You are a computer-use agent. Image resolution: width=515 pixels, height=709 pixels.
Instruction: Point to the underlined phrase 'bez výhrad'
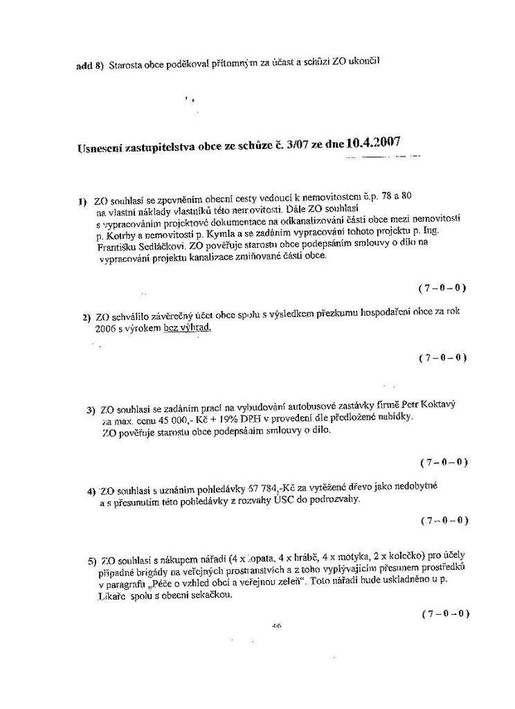point(186,328)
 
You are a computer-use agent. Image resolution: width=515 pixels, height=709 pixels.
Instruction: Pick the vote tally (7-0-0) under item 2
point(442,358)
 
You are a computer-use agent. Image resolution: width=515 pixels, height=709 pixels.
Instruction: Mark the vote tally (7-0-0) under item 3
point(444,462)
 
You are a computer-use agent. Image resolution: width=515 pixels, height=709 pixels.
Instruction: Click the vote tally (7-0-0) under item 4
point(444,520)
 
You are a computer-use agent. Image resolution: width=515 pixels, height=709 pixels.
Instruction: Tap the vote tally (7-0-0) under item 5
point(444,613)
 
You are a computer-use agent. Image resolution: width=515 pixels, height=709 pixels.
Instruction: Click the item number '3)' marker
point(91,409)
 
